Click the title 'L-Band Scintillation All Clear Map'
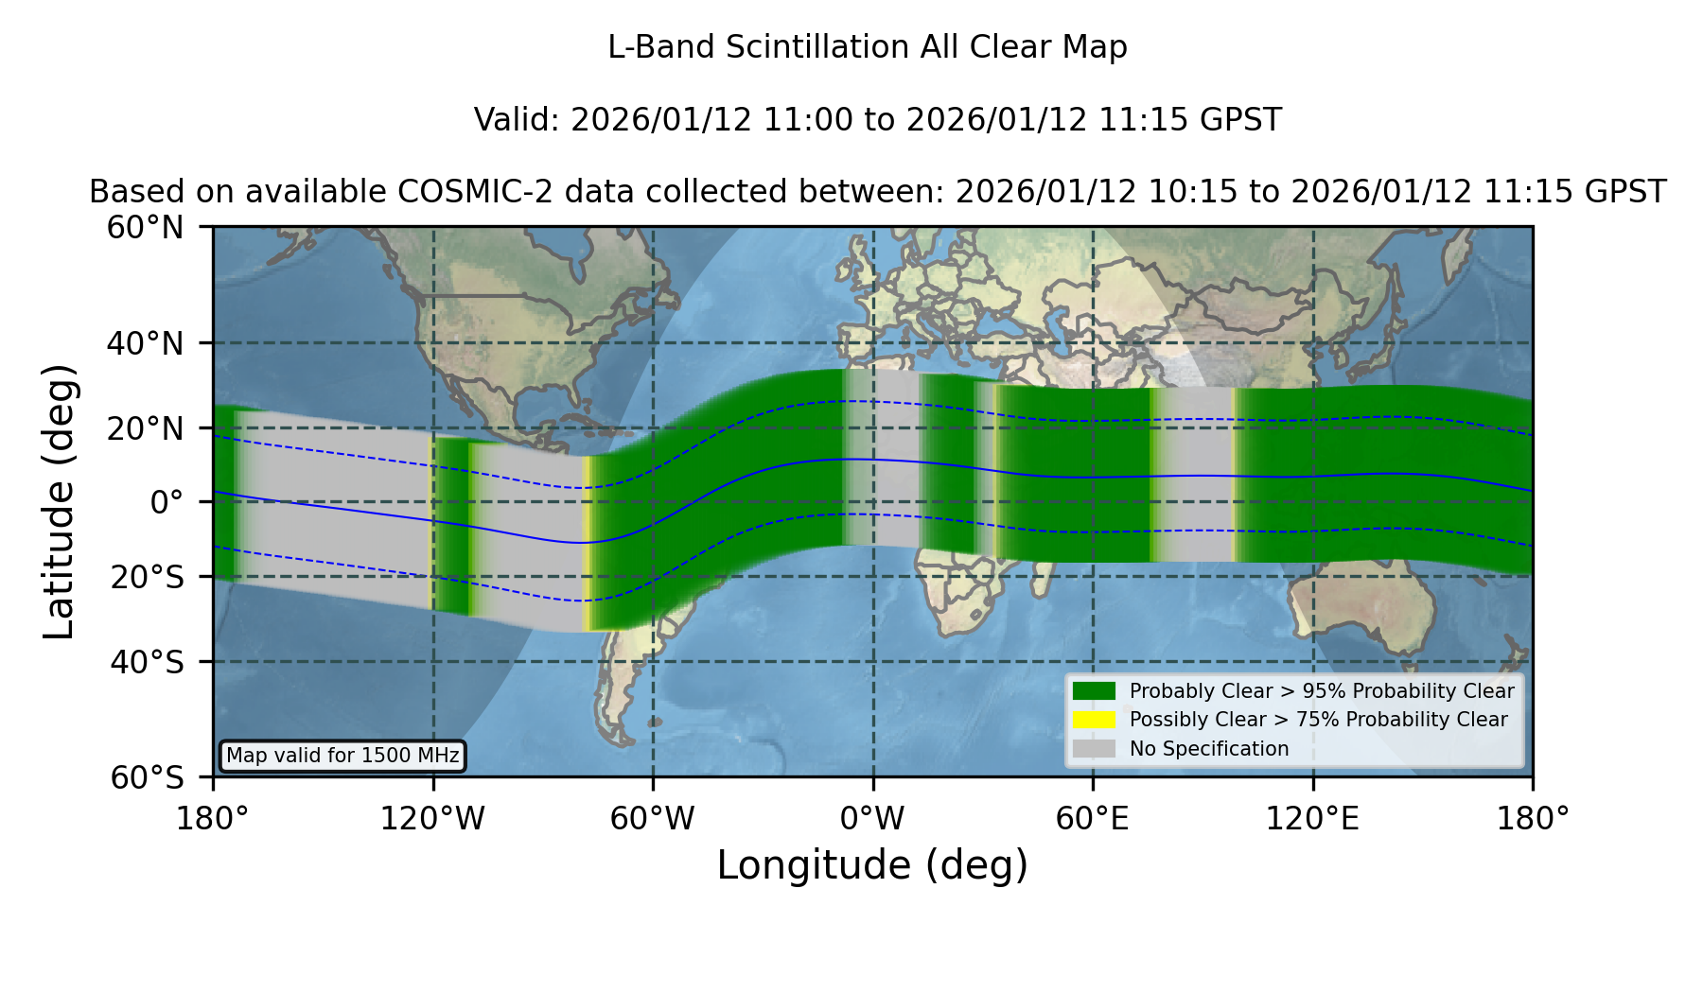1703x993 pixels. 868,47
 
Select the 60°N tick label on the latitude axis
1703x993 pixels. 146,228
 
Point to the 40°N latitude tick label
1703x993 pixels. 146,343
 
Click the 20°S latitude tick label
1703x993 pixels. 148,577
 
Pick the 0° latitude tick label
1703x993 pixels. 167,502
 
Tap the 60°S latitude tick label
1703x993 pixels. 148,777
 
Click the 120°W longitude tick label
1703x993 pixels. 432,819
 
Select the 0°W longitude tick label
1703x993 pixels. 873,819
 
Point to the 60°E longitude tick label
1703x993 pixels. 1093,819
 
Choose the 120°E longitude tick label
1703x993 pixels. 1313,819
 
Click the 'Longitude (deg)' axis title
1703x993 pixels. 872,865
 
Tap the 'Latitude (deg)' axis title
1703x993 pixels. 59,501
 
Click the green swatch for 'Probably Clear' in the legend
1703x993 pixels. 1095,690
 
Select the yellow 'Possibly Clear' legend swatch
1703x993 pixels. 1095,720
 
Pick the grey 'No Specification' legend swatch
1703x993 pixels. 1095,749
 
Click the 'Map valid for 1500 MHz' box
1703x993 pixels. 342,756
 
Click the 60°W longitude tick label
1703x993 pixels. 653,819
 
